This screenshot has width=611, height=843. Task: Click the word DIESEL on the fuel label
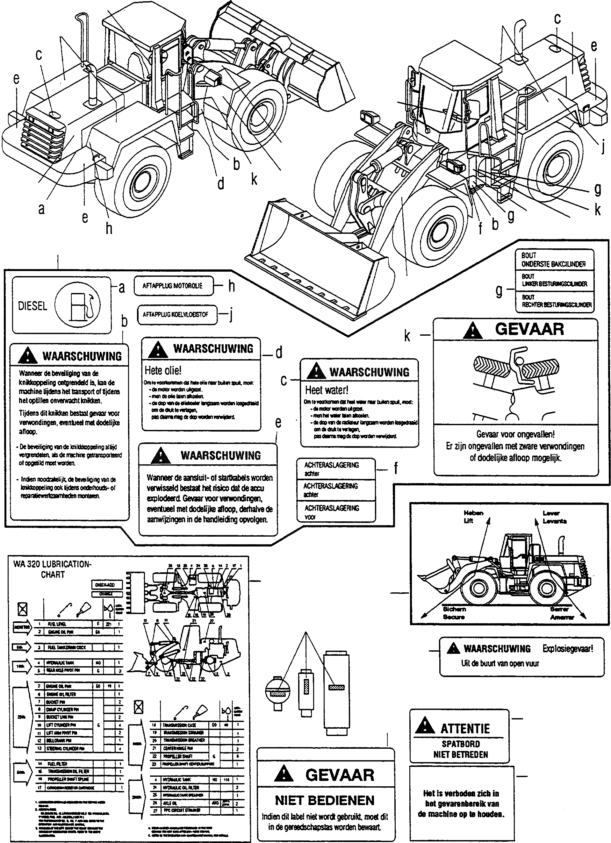(33, 306)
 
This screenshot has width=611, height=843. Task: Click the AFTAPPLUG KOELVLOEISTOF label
(175, 314)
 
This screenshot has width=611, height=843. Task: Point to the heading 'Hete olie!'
(163, 370)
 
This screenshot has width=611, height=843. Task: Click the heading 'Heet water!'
(327, 390)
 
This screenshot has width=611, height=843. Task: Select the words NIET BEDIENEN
(325, 800)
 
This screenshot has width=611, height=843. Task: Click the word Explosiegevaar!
(567, 649)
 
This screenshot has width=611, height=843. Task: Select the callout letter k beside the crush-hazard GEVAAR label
(407, 336)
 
